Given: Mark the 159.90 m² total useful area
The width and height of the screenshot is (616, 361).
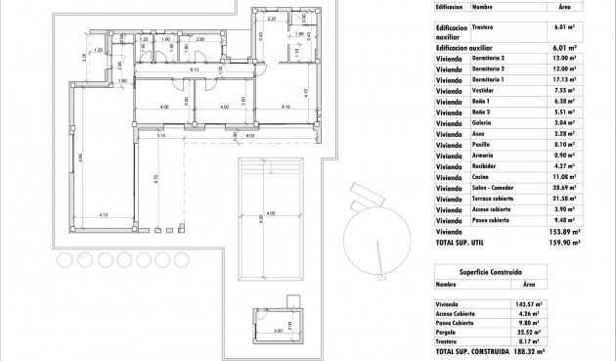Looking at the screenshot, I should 565,241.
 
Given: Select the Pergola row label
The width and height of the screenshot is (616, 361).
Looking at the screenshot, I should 450,330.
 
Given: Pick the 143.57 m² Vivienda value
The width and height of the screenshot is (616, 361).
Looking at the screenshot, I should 529,304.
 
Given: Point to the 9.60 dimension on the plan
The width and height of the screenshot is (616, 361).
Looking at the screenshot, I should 81,157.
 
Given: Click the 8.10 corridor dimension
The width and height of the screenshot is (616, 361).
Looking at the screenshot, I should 196,70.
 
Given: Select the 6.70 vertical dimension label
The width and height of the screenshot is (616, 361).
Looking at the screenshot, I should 156,178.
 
